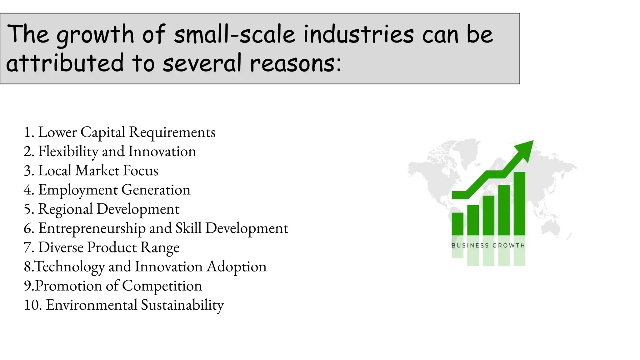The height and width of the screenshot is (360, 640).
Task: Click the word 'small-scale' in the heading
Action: pyautogui.click(x=234, y=34)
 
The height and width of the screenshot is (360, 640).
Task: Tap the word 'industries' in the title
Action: pyautogui.click(x=358, y=34)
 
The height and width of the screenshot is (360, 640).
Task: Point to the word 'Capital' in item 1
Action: pyautogui.click(x=103, y=132)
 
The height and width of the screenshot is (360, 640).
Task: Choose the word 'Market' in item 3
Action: pyautogui.click(x=97, y=171)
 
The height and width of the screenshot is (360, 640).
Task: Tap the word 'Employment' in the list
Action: pyautogui.click(x=78, y=190)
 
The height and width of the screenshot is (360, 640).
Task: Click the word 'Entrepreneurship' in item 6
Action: pyautogui.click(x=92, y=228)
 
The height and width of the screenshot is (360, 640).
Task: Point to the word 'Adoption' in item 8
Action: pyautogui.click(x=237, y=267)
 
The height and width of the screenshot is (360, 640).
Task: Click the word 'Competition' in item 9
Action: pyautogui.click(x=162, y=286)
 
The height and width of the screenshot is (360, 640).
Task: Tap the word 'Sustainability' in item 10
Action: pyautogui.click(x=182, y=305)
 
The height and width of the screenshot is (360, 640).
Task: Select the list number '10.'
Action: pyautogui.click(x=33, y=305)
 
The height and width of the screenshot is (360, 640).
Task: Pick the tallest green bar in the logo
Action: pyautogui.click(x=519, y=203)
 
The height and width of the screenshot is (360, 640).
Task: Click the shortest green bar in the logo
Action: pyautogui.click(x=457, y=224)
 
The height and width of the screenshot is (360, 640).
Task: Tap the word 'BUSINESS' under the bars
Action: pyautogui.click(x=470, y=246)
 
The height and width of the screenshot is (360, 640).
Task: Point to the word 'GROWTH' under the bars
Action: pyautogui.click(x=508, y=246)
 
